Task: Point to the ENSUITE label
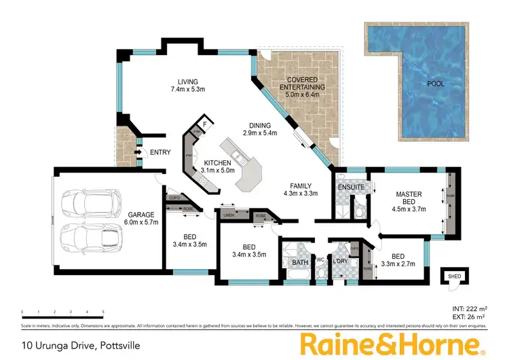coord(351,187)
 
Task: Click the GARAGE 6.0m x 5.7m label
coord(141,219)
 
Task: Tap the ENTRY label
coord(160,152)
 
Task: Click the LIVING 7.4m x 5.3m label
coord(183,86)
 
